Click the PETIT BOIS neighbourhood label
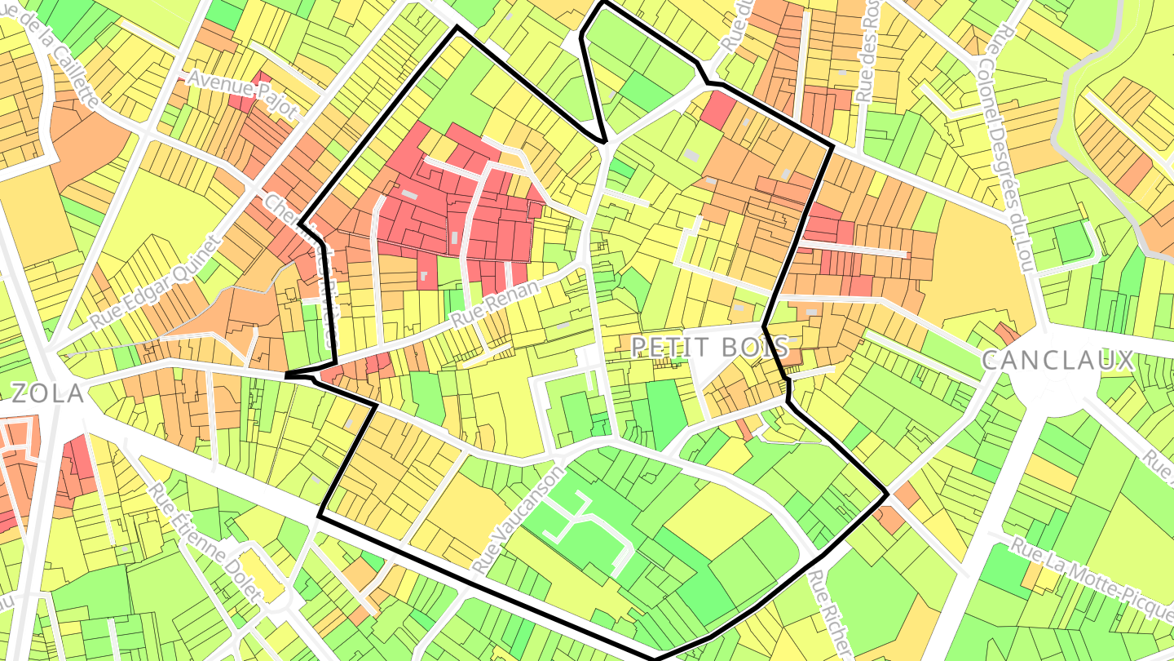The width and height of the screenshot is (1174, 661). [x=710, y=348]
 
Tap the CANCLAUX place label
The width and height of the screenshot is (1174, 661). [x=1057, y=361]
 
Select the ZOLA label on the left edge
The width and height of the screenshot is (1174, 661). [x=47, y=394]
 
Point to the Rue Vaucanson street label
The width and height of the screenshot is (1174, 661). [x=519, y=519]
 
